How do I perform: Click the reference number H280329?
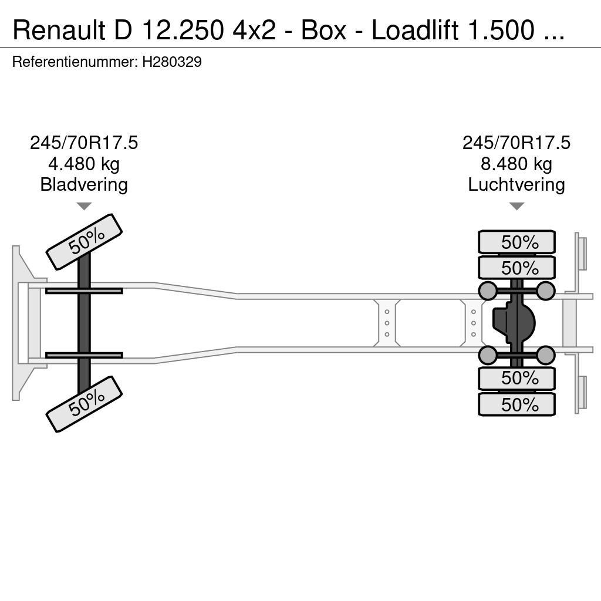[172, 62]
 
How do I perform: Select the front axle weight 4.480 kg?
[84, 164]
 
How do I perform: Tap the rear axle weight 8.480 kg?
[516, 164]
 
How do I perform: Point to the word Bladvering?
[84, 185]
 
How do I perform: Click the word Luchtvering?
[516, 185]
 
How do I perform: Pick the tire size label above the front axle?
[84, 143]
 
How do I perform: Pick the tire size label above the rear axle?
[516, 143]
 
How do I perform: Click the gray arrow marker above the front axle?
[84, 206]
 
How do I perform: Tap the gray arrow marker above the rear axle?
[516, 206]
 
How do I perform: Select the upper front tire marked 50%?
[84, 242]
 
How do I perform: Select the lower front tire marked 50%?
[84, 404]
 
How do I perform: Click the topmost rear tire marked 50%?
[516, 242]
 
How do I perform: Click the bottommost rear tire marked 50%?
[516, 404]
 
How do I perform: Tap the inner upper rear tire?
[516, 268]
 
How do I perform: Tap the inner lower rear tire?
[516, 379]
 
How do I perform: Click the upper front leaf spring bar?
[84, 291]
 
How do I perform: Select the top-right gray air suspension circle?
[546, 291]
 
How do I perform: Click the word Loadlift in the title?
[414, 30]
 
